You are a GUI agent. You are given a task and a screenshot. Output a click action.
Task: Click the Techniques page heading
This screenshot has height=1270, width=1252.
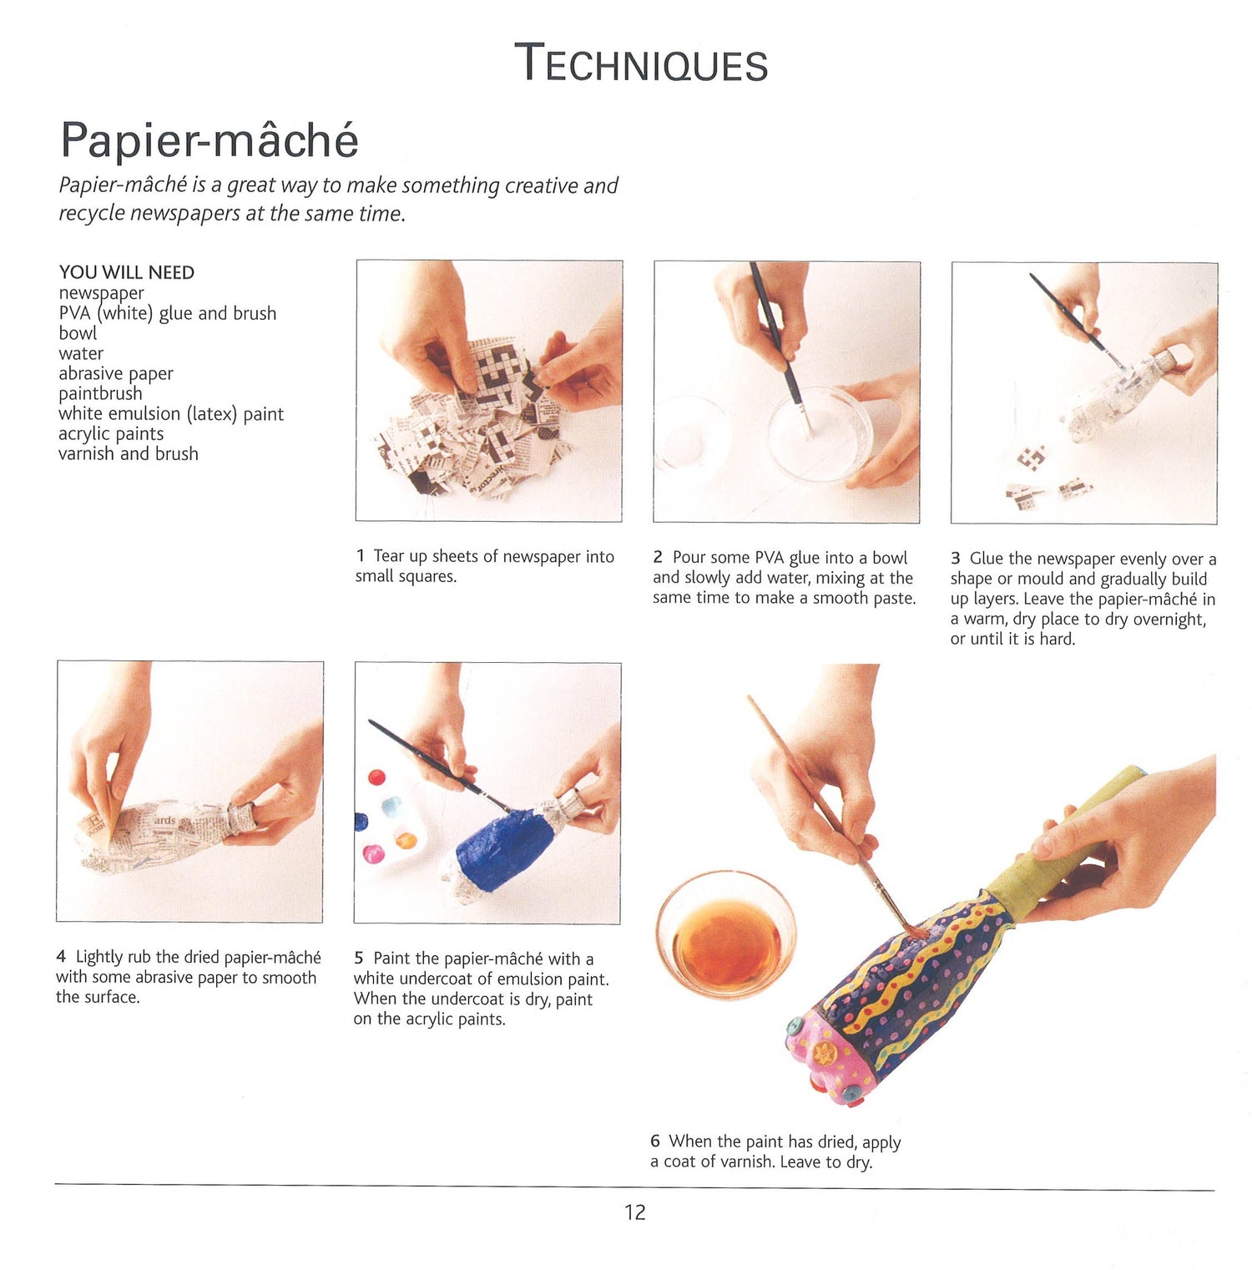[641, 63]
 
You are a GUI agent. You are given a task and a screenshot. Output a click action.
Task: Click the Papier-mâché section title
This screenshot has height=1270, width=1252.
[210, 139]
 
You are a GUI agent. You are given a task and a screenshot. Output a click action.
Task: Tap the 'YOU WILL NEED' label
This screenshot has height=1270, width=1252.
[126, 272]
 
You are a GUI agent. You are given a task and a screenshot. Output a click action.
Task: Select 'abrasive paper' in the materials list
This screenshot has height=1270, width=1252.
[116, 373]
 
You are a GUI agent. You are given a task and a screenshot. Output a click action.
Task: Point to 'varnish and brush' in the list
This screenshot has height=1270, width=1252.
[129, 453]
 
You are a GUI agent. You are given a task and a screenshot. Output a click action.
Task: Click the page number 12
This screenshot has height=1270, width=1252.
[635, 1212]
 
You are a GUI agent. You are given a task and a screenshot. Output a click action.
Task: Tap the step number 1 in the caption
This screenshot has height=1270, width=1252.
[360, 556]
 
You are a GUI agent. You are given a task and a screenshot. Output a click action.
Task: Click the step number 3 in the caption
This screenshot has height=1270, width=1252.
[956, 559]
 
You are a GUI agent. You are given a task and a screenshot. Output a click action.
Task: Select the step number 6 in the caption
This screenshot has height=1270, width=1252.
[655, 1141]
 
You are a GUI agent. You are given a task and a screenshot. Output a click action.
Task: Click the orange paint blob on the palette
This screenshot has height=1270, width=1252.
[406, 839]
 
